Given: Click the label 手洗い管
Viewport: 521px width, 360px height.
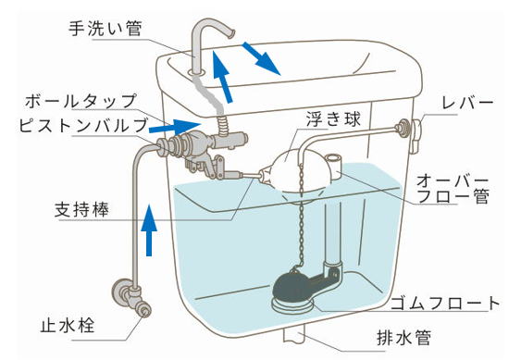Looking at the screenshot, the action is tap(105, 28).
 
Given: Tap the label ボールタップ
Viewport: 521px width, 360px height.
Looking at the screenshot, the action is tap(81, 101).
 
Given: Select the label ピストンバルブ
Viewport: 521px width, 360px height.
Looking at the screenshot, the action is tap(83, 125).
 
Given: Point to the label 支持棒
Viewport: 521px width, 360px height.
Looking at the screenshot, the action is tap(81, 209).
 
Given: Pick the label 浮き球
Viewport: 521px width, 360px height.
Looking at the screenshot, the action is tap(333, 119).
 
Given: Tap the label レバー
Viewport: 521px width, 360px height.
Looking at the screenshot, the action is tap(467, 103).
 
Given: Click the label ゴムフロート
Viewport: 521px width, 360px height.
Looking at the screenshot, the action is tap(445, 304).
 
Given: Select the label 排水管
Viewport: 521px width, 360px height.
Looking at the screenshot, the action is tap(404, 338).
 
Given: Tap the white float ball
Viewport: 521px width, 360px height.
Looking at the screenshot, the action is tap(302, 170).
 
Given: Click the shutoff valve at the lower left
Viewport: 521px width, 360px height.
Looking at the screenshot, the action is tap(131, 297).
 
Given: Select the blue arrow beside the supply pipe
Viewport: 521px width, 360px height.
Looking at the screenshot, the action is tap(149, 230).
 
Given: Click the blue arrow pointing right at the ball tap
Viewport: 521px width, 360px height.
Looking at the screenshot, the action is tap(175, 126).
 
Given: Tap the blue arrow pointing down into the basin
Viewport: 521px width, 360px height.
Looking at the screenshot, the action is tap(262, 58).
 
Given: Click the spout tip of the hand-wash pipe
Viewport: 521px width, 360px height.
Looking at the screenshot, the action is tap(231, 33).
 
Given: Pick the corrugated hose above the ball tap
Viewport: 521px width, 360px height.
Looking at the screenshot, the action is tap(222, 124).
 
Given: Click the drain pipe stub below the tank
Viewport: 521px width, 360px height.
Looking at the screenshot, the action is tap(294, 333).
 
